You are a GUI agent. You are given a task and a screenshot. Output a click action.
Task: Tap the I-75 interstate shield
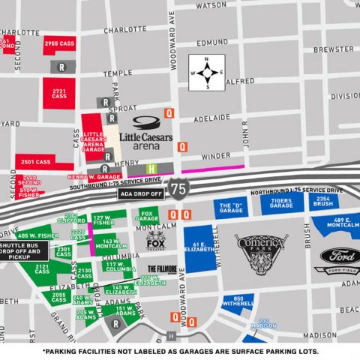pyautogui.click(x=178, y=187)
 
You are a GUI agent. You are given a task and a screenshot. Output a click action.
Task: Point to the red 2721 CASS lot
pyautogui.click(x=60, y=94)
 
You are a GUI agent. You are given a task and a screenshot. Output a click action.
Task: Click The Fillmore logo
pyautogui.click(x=162, y=269)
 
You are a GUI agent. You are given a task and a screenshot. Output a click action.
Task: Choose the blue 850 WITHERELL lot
pyautogui.click(x=238, y=302)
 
